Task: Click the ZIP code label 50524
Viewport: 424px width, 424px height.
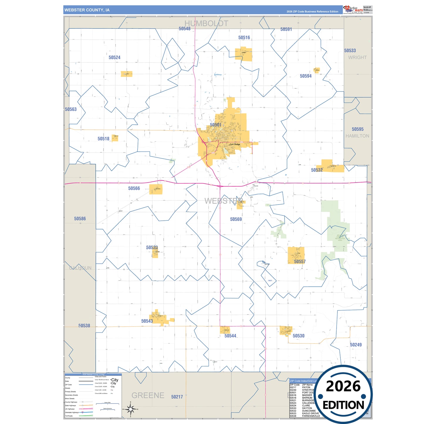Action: tap(114, 58)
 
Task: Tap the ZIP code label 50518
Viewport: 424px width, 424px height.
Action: tap(103, 139)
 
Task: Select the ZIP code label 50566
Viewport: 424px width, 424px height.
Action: tap(134, 188)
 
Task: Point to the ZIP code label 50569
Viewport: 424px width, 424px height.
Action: tap(236, 219)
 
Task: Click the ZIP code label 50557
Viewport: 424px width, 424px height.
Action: tap(300, 261)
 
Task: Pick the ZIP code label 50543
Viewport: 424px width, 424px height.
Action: tap(147, 321)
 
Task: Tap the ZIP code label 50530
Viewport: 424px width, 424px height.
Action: tap(298, 336)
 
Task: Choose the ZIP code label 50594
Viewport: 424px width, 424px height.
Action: tap(305, 76)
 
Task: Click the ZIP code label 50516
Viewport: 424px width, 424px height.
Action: tap(244, 38)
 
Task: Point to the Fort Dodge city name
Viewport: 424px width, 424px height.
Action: tap(235, 144)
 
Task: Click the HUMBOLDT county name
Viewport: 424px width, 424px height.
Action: tap(206, 23)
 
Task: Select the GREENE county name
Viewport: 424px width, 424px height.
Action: tap(148, 395)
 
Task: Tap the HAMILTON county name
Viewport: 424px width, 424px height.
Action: tap(357, 136)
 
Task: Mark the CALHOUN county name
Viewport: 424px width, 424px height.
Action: tap(80, 268)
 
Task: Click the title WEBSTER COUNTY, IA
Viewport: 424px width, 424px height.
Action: tap(87, 10)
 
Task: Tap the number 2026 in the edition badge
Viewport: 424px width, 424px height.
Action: tap(343, 386)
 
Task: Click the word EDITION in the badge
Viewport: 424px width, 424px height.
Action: tap(343, 405)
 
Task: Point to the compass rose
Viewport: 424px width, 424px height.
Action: tap(131, 409)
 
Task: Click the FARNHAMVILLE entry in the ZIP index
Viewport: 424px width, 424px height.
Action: tap(311, 416)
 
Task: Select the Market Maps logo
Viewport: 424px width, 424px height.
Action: tap(353, 9)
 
